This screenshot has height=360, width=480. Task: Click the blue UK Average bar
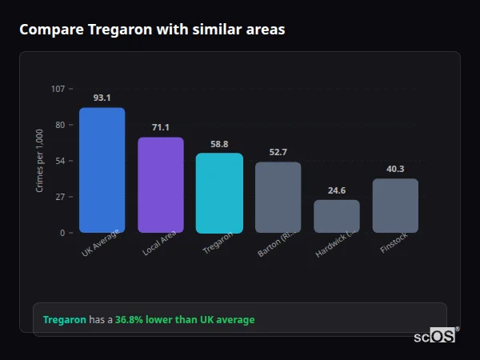(102, 170)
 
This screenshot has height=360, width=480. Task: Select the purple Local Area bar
(161, 185)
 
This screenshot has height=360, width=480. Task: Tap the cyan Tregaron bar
(219, 193)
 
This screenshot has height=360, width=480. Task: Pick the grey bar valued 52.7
(278, 197)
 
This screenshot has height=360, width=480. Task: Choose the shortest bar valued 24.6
(337, 216)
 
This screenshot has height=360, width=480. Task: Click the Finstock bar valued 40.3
(395, 206)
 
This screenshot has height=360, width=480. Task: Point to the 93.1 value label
(102, 98)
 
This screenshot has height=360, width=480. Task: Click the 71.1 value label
(161, 127)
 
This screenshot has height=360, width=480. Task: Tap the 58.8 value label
(219, 144)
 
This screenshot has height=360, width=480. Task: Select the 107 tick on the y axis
(58, 89)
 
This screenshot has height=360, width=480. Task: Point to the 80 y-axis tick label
(59, 125)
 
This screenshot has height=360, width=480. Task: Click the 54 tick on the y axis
(59, 161)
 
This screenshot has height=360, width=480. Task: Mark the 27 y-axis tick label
(59, 197)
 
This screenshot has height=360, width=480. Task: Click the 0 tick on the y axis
(62, 233)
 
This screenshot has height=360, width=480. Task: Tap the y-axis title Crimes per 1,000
(40, 161)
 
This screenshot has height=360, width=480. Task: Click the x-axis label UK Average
(100, 243)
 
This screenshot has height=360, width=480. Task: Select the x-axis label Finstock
(394, 243)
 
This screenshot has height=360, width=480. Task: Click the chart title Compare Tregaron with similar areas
(152, 30)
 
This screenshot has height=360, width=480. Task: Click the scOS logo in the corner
(435, 337)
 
